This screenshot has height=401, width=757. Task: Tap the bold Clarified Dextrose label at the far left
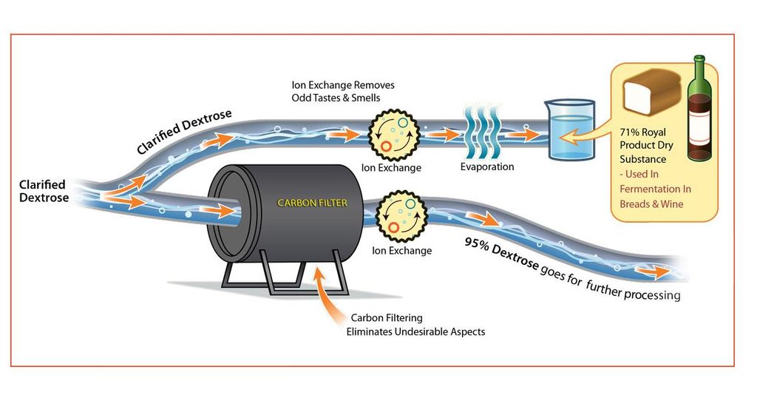(43, 191)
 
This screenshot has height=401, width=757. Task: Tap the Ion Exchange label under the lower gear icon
(401, 251)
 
